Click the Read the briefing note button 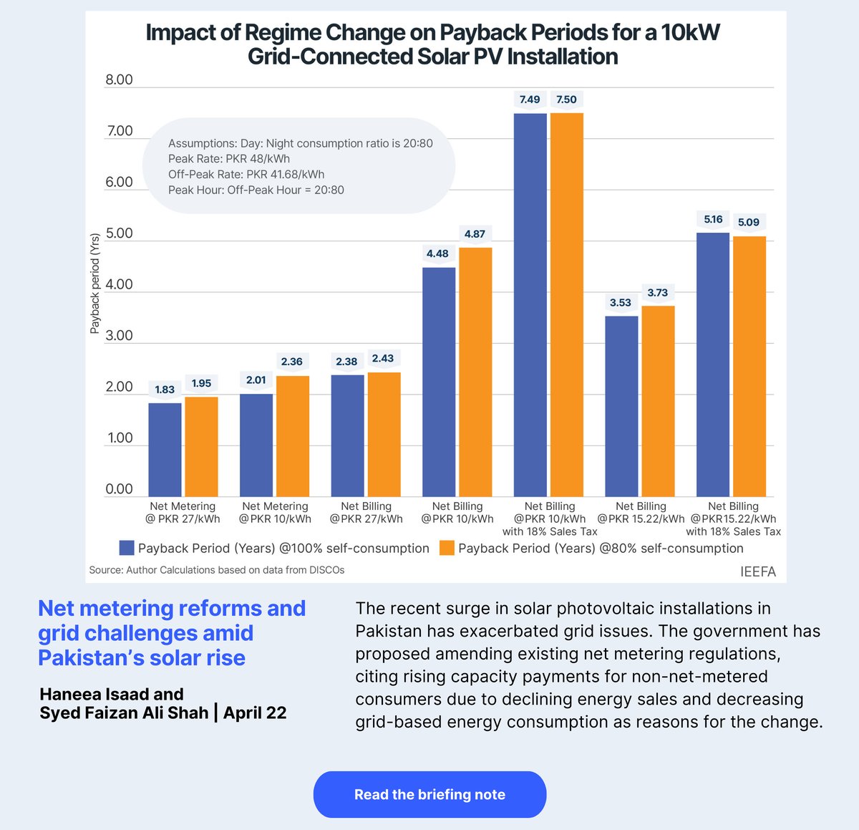(x=429, y=794)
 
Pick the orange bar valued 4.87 (x=475, y=372)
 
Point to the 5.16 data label (x=713, y=219)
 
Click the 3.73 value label (x=657, y=292)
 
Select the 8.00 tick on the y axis (x=119, y=79)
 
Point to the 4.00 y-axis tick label (x=119, y=284)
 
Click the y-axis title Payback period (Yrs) (x=94, y=284)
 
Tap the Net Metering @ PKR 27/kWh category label (x=183, y=512)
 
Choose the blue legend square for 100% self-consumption (x=127, y=548)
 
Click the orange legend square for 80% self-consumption (x=447, y=548)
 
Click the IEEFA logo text (x=757, y=571)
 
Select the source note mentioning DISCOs (x=217, y=570)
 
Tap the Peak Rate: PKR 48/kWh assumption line (x=229, y=158)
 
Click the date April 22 (x=255, y=713)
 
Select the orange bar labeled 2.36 (x=292, y=435)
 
